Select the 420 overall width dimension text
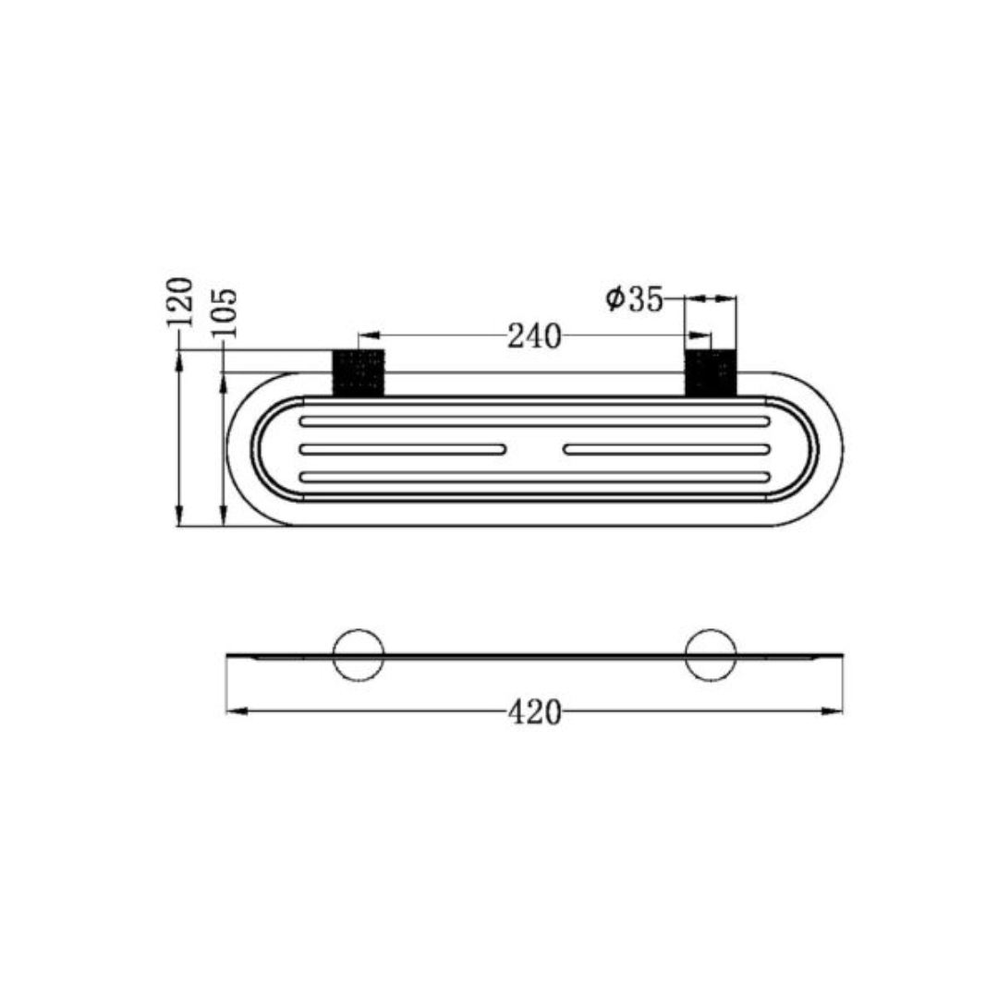(x=534, y=712)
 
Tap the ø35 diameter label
(x=635, y=299)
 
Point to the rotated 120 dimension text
(x=179, y=301)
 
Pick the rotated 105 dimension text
(x=225, y=313)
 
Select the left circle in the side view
(x=358, y=655)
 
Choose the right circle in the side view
(x=710, y=655)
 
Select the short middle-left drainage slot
(x=403, y=450)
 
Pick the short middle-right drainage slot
(x=666, y=450)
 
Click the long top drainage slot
(x=534, y=421)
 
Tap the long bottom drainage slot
(x=534, y=478)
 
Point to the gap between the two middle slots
(x=534, y=450)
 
